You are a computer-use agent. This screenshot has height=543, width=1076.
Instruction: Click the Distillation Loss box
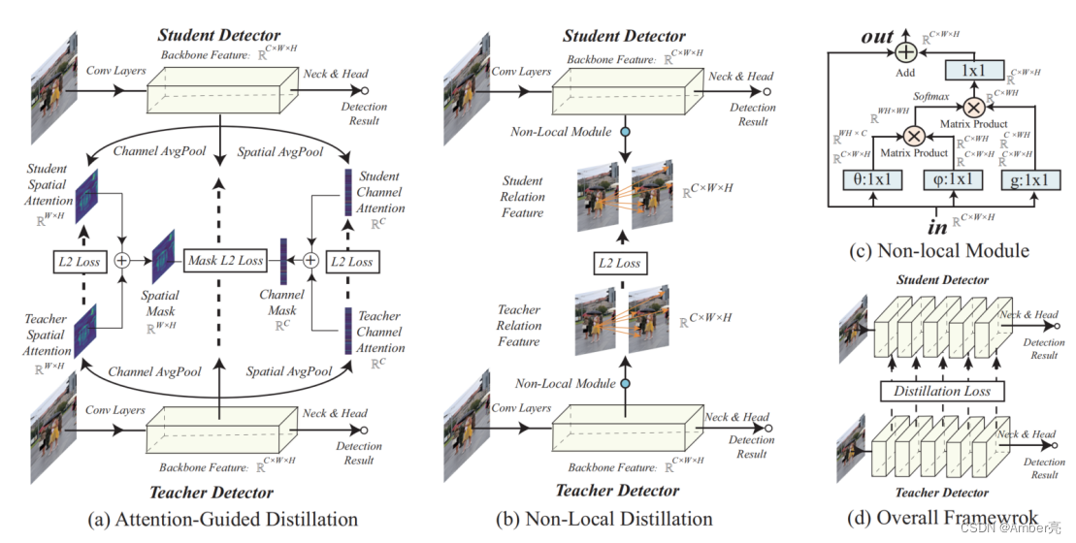942,391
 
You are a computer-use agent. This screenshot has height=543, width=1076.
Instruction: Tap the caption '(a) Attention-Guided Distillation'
222,519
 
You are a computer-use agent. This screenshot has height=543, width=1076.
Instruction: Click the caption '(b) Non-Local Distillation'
604,519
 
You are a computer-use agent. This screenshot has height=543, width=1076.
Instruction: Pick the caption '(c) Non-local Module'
938,250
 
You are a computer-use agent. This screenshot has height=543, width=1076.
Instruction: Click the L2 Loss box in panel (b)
618,263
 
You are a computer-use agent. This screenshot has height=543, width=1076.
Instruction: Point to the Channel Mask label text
281,303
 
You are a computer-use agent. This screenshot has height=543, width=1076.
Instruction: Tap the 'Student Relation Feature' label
523,197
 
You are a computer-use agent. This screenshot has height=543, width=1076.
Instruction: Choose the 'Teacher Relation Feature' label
519,326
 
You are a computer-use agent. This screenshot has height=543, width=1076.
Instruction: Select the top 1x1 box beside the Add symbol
980,70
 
